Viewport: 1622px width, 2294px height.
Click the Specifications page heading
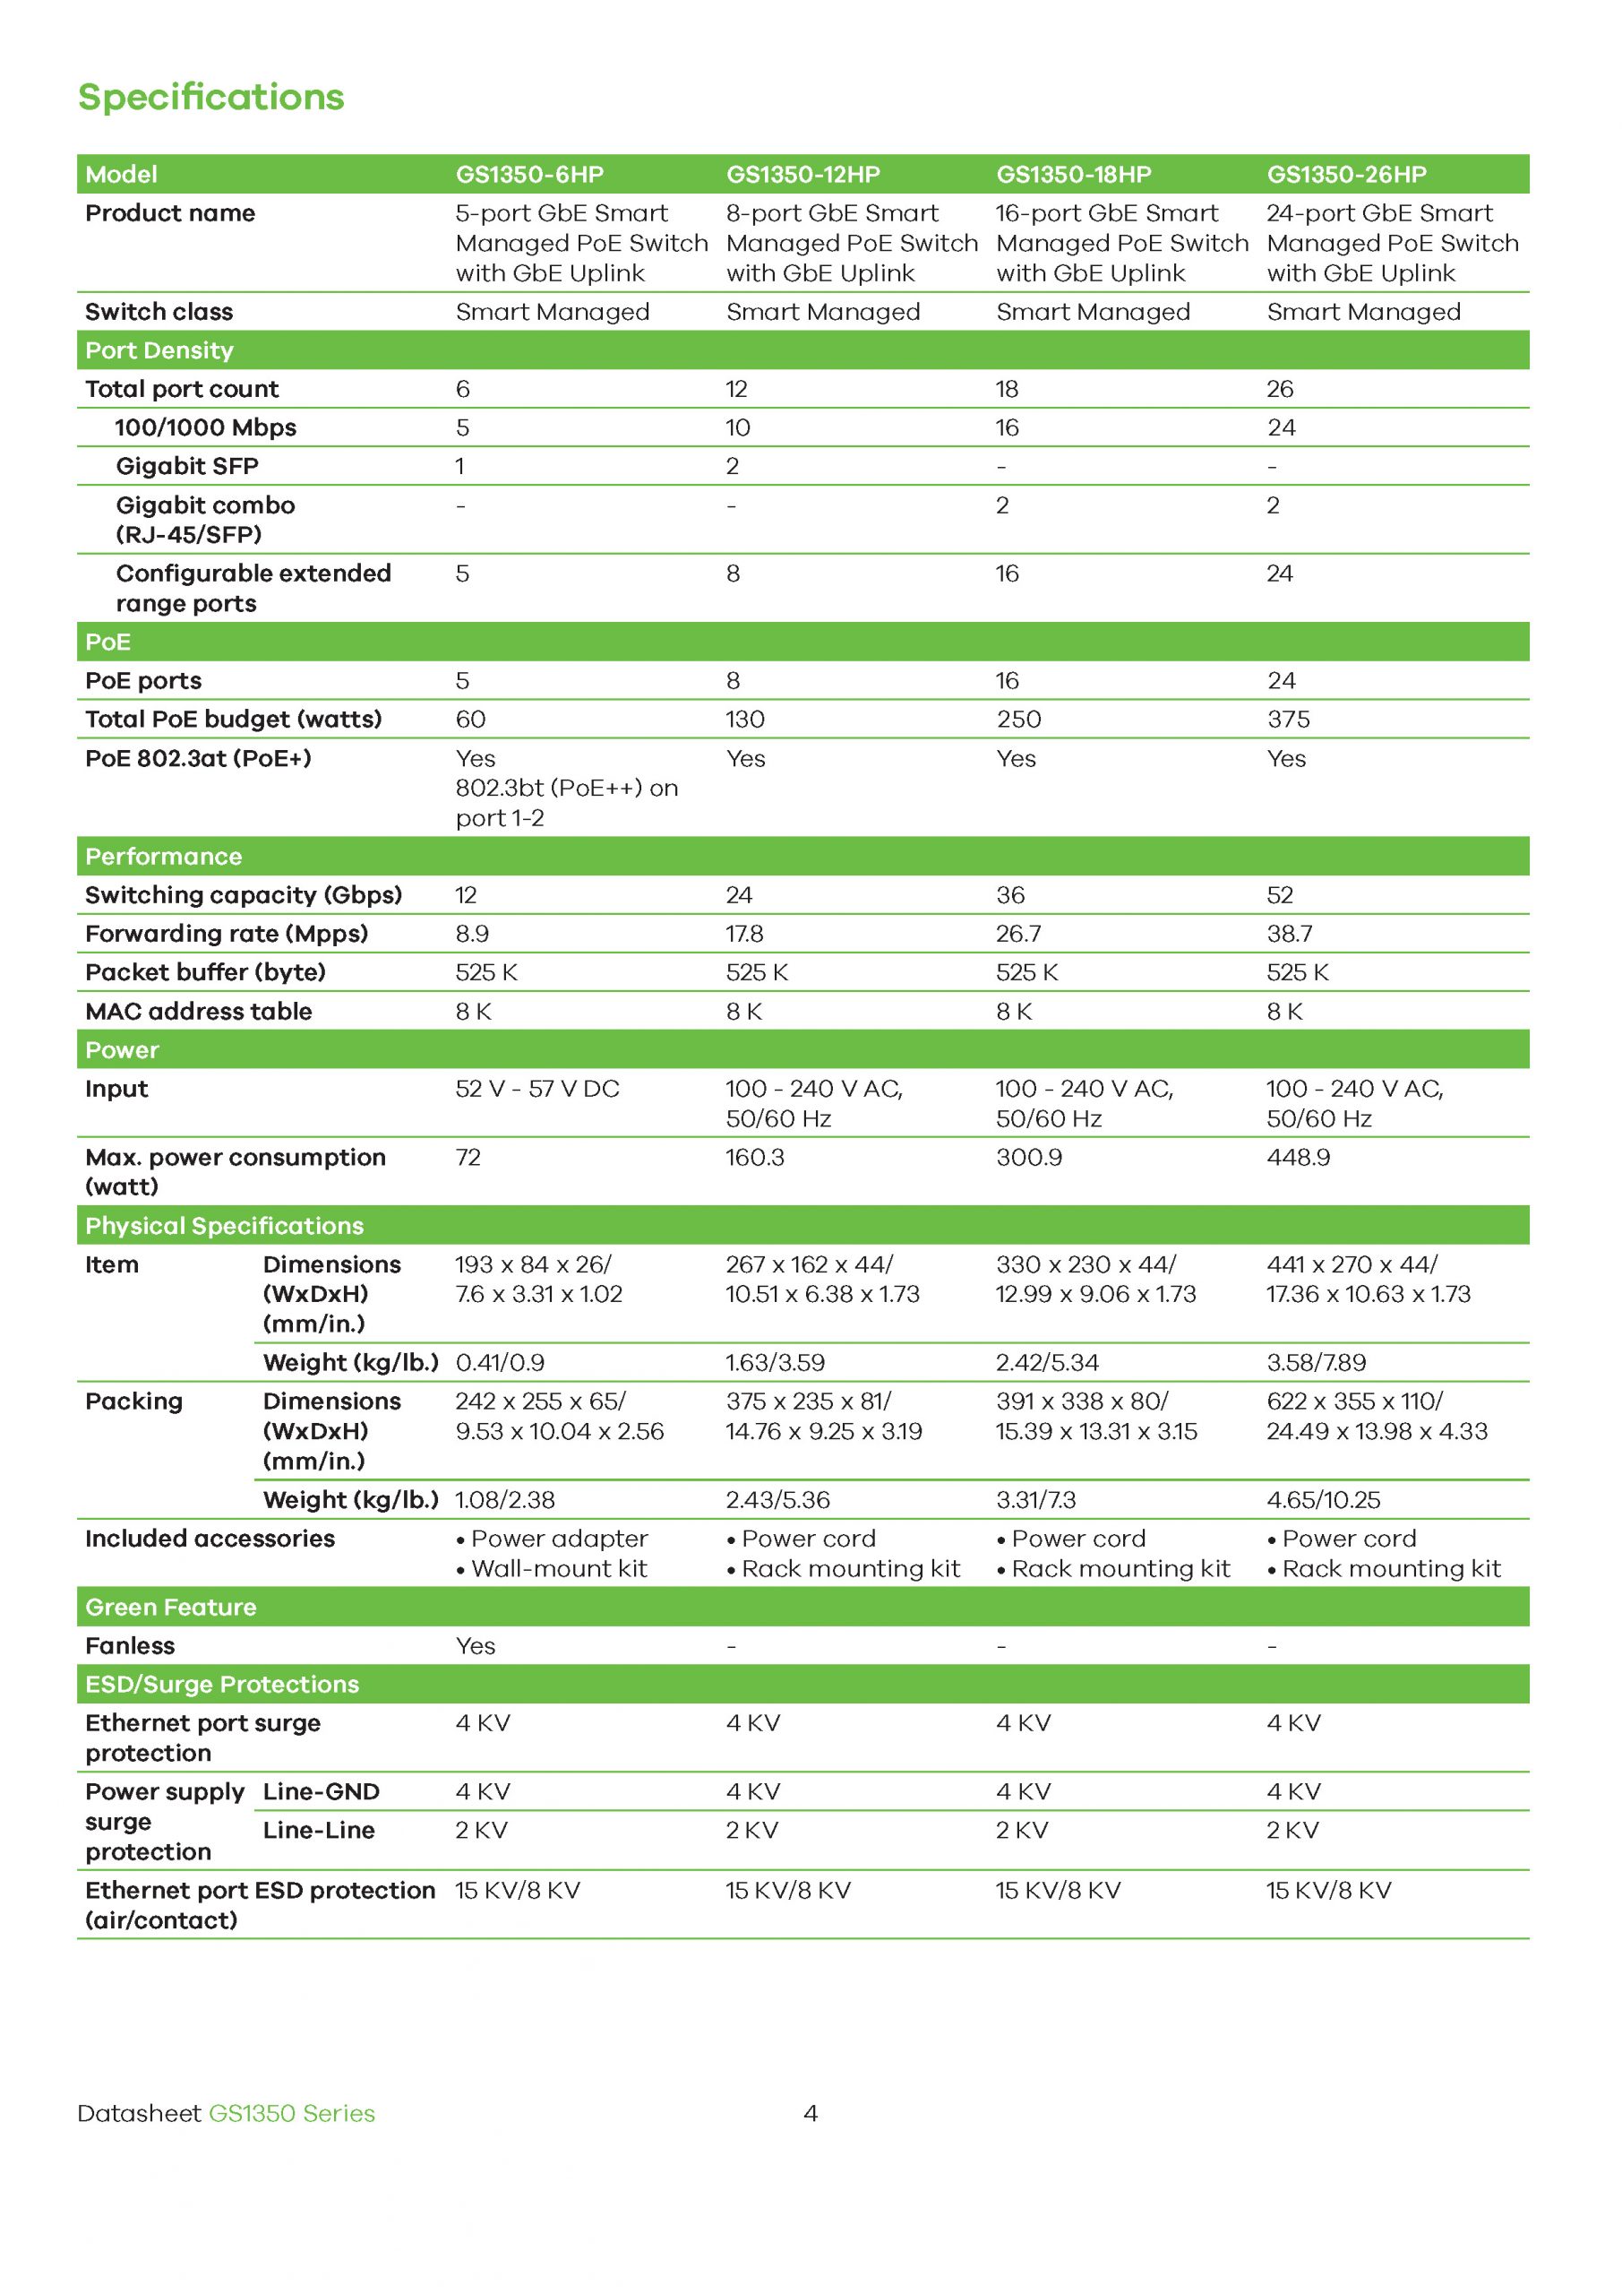click(x=210, y=97)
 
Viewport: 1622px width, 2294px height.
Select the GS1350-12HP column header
click(x=803, y=175)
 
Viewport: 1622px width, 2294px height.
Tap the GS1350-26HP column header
click(x=1346, y=175)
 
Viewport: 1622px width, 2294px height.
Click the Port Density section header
click(x=159, y=350)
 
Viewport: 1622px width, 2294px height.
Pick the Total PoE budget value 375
click(x=1289, y=720)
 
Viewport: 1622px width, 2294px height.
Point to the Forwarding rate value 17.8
click(x=744, y=935)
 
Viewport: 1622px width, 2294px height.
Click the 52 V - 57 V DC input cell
click(x=537, y=1089)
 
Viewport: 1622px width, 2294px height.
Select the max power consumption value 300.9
click(x=1029, y=1157)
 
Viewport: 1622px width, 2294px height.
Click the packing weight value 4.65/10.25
click(x=1324, y=1500)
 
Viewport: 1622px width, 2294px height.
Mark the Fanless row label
click(x=130, y=1645)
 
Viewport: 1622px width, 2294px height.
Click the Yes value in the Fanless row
click(x=476, y=1645)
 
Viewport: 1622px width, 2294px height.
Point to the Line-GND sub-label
click(x=321, y=1791)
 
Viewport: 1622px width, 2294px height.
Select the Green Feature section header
click(x=171, y=1607)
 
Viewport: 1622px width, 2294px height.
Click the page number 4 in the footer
click(x=810, y=2113)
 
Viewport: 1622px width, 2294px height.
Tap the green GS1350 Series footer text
click(x=292, y=2113)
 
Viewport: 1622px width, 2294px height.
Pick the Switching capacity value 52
click(x=1280, y=895)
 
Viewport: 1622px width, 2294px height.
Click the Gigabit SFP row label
click(x=187, y=467)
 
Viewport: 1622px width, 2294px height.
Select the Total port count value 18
click(x=1007, y=390)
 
